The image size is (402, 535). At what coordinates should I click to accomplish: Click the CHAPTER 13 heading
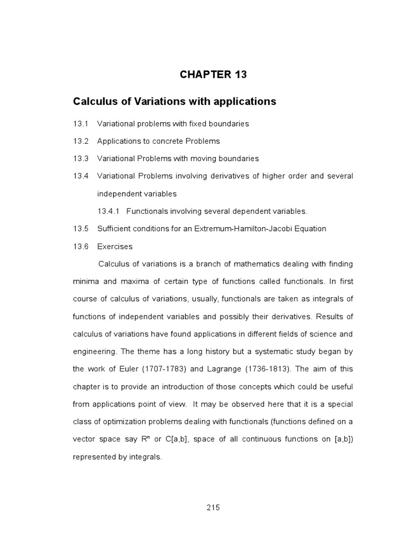[213, 75]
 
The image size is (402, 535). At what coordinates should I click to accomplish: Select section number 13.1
[81, 124]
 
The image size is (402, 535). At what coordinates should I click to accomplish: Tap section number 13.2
[81, 141]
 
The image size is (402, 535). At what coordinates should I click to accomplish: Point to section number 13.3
[81, 158]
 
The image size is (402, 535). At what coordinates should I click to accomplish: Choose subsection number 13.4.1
[109, 211]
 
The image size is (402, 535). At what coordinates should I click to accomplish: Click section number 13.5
[81, 228]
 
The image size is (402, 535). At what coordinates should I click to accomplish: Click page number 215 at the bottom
[213, 507]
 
